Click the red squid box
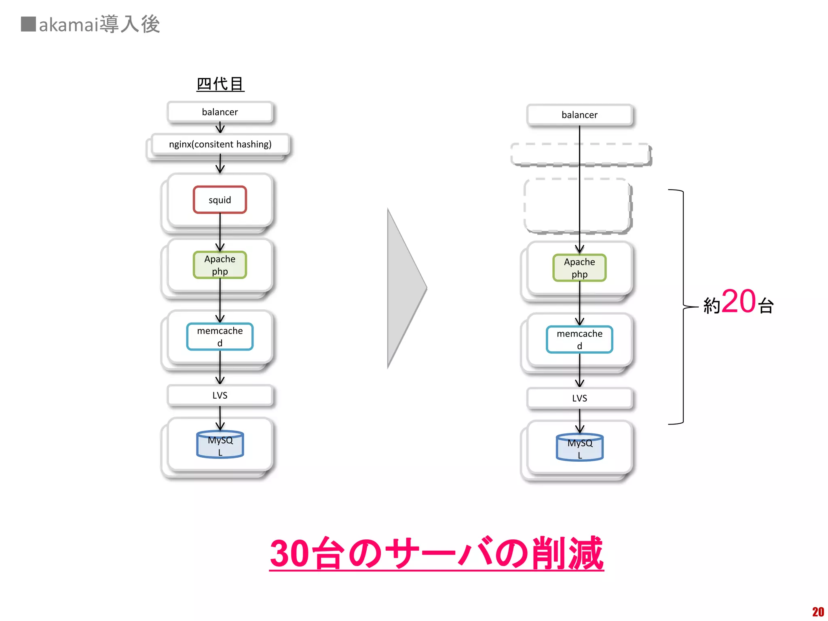point(220,200)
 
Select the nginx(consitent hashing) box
point(220,144)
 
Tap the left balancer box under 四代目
point(220,112)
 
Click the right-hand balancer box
point(579,115)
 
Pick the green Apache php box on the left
point(220,265)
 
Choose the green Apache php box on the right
point(579,268)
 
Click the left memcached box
point(220,336)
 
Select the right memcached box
point(579,339)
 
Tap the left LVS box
point(220,395)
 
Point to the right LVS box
point(579,398)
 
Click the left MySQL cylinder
point(220,445)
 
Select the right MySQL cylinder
point(579,448)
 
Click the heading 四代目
point(220,84)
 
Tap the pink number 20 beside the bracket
point(738,302)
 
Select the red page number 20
point(817,612)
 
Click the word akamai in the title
point(69,25)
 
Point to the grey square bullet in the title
point(28,24)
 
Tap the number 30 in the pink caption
point(289,553)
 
